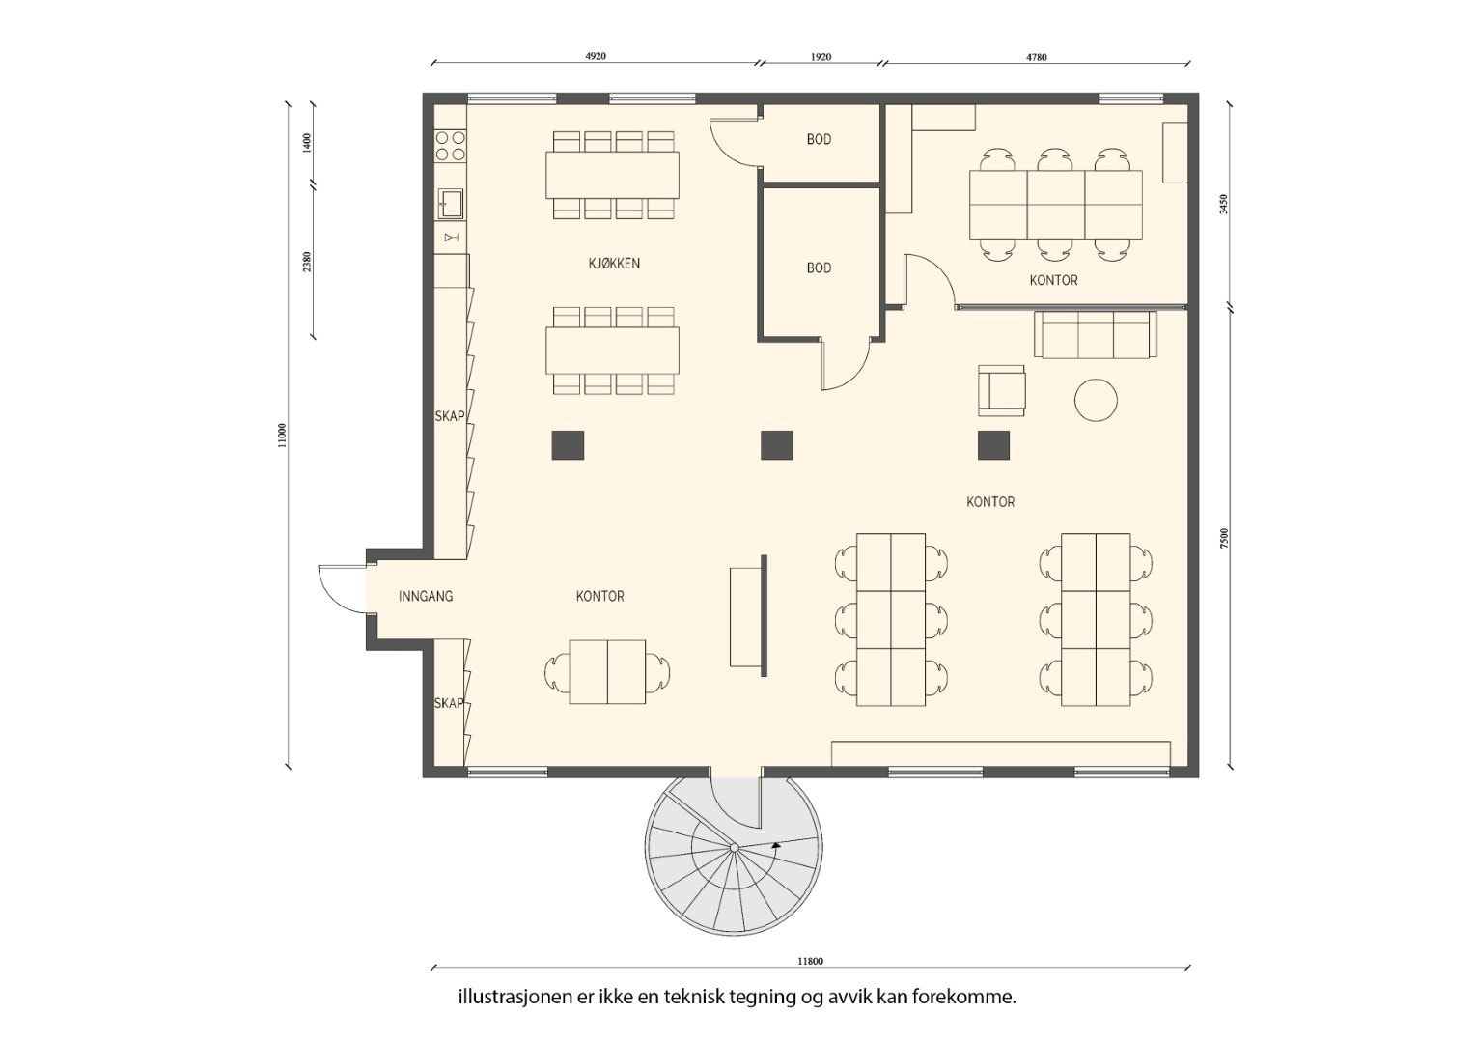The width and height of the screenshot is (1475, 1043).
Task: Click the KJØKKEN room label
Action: click(614, 263)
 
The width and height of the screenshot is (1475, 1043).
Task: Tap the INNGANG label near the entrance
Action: click(426, 596)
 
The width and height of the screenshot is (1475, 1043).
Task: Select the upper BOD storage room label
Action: click(819, 140)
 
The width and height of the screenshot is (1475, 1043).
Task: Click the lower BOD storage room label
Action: click(819, 268)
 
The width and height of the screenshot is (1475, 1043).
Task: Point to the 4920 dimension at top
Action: click(596, 57)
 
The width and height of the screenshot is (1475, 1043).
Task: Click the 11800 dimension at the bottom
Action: click(810, 961)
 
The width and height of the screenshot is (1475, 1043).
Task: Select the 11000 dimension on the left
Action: click(282, 435)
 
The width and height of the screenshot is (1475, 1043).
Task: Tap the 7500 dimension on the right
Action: click(1224, 538)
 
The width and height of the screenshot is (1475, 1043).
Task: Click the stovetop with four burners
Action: click(450, 146)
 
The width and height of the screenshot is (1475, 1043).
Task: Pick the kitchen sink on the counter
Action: click(451, 204)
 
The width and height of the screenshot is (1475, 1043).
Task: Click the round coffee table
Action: click(1096, 399)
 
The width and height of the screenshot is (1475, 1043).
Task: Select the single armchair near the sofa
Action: click(1001, 390)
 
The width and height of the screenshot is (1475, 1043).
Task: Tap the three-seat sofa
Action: click(1096, 334)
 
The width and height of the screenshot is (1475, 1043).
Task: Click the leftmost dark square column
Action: click(568, 445)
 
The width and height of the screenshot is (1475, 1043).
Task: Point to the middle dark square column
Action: click(776, 445)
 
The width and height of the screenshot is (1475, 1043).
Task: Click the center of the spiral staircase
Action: click(734, 848)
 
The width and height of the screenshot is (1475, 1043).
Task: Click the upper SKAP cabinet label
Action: click(449, 416)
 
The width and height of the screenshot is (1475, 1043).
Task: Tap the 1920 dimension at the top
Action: click(820, 57)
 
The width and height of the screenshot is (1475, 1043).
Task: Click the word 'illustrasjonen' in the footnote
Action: click(515, 997)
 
